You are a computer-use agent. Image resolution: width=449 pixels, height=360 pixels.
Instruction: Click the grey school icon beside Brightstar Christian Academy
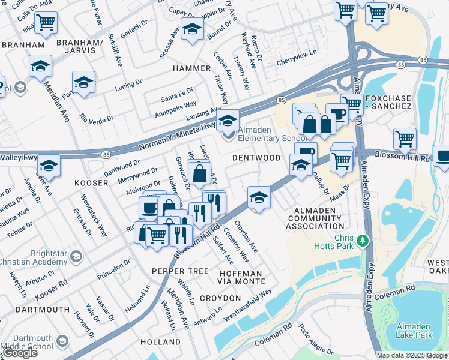76,257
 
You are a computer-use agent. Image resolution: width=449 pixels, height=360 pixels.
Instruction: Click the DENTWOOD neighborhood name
256,158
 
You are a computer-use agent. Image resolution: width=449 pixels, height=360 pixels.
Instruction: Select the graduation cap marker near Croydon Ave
258,197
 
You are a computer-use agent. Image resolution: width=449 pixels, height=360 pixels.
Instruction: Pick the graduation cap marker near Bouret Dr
192,28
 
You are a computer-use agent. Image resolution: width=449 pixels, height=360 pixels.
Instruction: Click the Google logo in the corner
20,353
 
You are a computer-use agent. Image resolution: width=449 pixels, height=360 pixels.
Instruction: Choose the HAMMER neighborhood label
191,68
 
